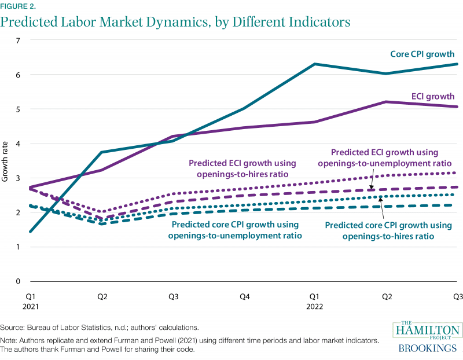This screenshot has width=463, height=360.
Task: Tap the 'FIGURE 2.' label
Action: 18,6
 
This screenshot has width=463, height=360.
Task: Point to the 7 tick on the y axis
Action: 18,41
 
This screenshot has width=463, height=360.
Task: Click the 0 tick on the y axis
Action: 18,281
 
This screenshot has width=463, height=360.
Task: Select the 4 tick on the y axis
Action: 18,144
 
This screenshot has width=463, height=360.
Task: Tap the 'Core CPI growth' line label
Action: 422,54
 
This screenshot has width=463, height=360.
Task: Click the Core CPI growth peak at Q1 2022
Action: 314,64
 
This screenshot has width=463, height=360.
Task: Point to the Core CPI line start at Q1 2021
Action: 30,232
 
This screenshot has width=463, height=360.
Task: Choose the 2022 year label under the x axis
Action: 314,307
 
